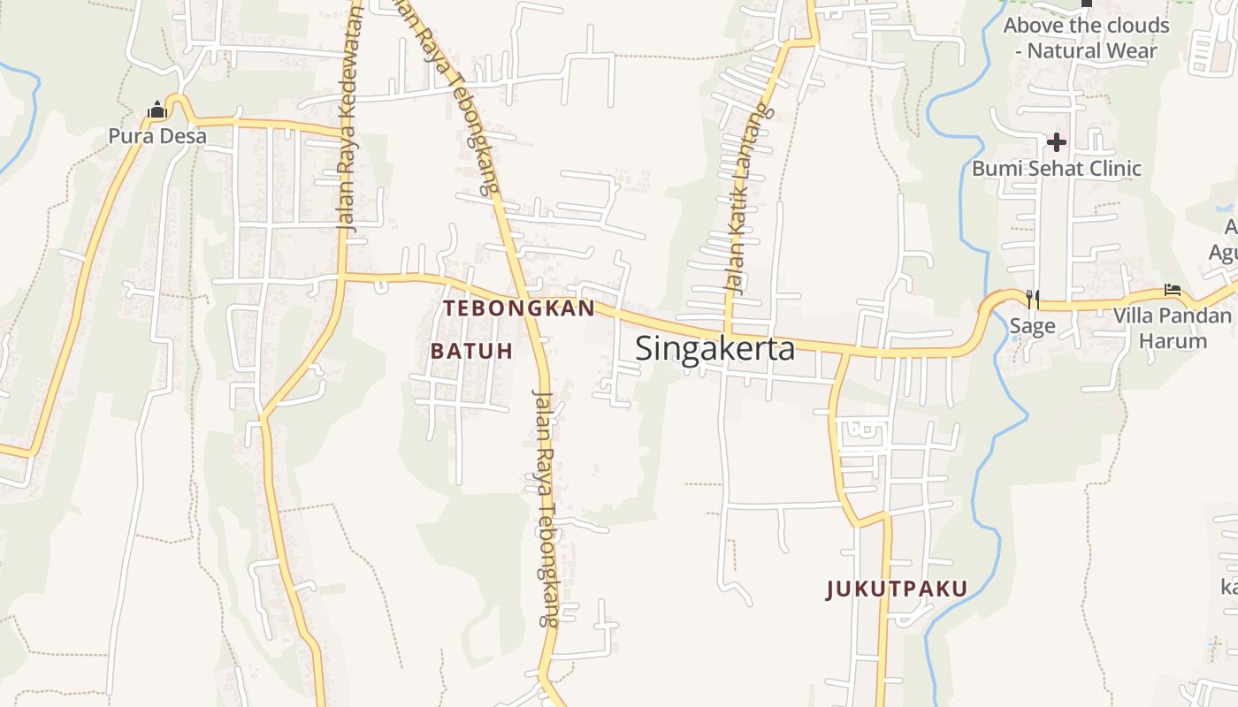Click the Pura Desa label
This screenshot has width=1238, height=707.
(x=157, y=136)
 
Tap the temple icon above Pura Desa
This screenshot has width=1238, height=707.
(x=157, y=110)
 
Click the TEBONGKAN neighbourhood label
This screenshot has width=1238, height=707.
(x=519, y=308)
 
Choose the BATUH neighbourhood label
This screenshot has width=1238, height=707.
(x=471, y=351)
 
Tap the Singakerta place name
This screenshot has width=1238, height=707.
(x=715, y=349)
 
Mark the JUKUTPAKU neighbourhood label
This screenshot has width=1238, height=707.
(x=897, y=589)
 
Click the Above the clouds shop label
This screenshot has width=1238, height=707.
(x=1086, y=38)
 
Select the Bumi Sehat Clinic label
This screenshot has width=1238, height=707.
(x=1057, y=168)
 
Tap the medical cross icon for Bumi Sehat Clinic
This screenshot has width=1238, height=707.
(x=1056, y=142)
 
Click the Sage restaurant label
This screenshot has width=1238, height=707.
(x=1032, y=326)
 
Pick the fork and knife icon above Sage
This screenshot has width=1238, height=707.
(x=1032, y=300)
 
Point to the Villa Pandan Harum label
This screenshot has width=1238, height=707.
(x=1173, y=328)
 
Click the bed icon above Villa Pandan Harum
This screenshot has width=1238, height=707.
(x=1173, y=290)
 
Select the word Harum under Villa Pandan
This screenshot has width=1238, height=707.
(x=1173, y=341)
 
